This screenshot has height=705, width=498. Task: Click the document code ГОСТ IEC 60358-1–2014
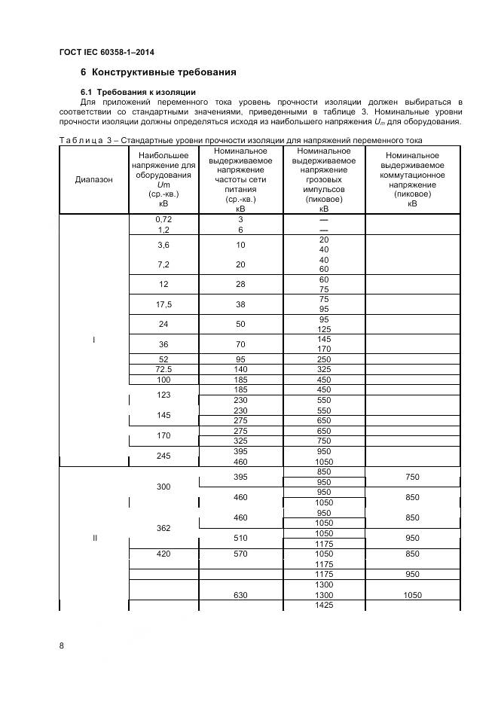[x=112, y=52]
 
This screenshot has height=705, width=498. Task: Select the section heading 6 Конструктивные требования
[x=158, y=72]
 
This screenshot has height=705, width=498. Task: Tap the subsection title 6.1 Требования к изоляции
[x=138, y=92]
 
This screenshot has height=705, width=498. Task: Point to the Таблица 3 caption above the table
[x=240, y=140]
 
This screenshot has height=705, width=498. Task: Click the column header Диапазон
[x=94, y=179]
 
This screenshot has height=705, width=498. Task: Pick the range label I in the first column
[x=94, y=340]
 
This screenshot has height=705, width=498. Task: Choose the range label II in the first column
[x=94, y=539]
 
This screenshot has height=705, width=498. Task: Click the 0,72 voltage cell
[x=163, y=219]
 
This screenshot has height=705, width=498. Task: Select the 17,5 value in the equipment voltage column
[x=163, y=304]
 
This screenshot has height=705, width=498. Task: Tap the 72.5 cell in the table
[x=163, y=369]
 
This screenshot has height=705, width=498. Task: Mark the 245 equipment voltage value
[x=163, y=456]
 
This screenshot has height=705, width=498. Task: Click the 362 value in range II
[x=163, y=528]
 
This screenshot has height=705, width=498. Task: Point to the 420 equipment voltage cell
[x=163, y=554]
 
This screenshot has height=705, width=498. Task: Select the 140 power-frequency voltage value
[x=240, y=369]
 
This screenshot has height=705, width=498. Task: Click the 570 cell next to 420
[x=240, y=554]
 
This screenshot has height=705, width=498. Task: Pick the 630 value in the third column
[x=240, y=595]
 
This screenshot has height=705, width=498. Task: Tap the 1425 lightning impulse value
[x=323, y=606]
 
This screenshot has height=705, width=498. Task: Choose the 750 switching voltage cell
[x=412, y=477]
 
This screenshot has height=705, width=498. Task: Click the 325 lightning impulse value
[x=323, y=369]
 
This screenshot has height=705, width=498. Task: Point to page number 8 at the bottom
[x=63, y=645]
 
